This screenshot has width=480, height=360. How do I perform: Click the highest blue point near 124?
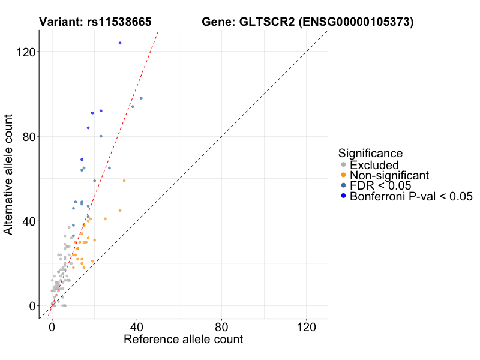click(x=120, y=43)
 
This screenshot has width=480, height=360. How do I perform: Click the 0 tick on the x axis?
click(x=52, y=328)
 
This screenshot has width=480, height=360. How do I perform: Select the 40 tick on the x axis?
click(x=137, y=328)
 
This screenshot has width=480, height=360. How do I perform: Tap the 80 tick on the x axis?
click(x=222, y=328)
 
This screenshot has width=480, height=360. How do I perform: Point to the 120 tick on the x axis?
click(x=307, y=328)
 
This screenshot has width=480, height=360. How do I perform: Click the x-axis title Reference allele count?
click(x=183, y=340)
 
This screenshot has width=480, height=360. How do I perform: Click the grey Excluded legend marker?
click(x=343, y=165)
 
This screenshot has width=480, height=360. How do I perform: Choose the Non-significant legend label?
click(x=389, y=175)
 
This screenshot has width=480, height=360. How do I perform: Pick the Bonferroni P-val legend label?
click(x=412, y=196)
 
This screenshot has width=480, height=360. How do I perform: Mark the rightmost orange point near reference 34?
click(x=124, y=181)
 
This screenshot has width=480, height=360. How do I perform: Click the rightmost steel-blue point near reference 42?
click(x=141, y=98)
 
